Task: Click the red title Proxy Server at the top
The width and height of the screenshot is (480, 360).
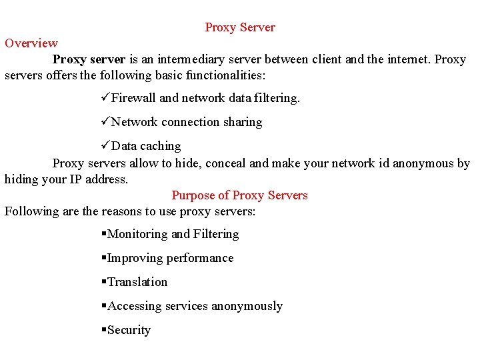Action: (240, 27)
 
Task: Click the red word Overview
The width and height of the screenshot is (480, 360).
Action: (31, 43)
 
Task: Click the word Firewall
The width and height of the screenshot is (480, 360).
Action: (133, 98)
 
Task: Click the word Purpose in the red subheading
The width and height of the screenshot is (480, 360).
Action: (191, 195)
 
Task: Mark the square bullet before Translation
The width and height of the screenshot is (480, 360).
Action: (103, 282)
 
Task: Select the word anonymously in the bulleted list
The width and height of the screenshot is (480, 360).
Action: (247, 306)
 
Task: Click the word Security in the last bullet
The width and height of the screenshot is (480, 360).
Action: (129, 330)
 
